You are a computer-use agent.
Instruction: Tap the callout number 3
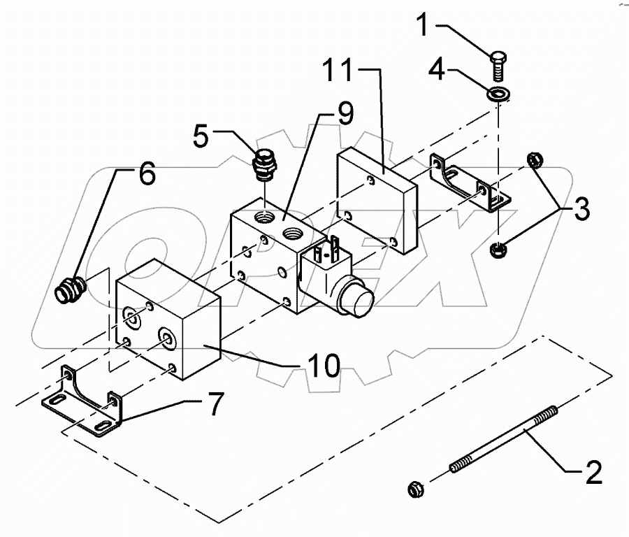click(x=581, y=208)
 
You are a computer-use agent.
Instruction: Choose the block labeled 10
click(x=168, y=322)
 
